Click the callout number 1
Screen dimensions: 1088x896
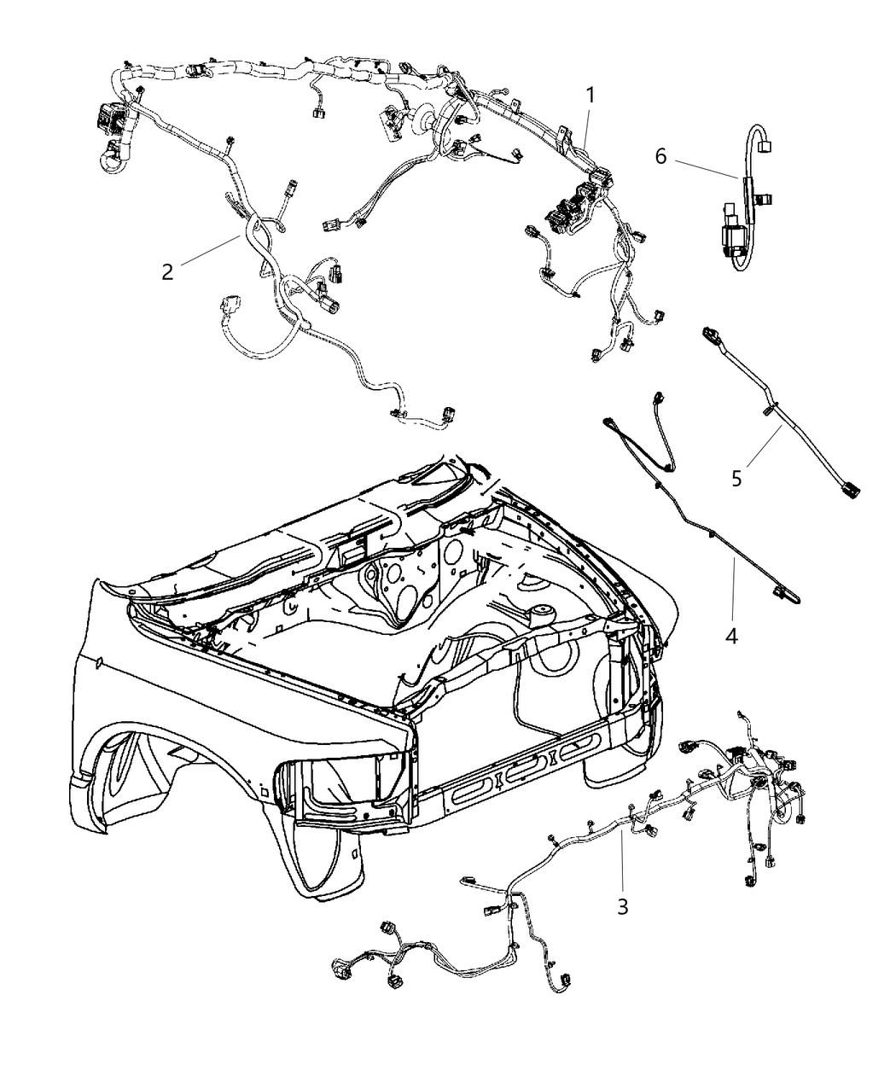click(x=589, y=96)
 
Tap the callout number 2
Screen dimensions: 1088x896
click(x=167, y=271)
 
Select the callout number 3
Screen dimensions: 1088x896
click(x=623, y=906)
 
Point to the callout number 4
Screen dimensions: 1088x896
click(x=731, y=636)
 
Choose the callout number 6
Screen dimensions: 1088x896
click(x=660, y=156)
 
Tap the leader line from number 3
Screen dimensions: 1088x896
click(x=623, y=862)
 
